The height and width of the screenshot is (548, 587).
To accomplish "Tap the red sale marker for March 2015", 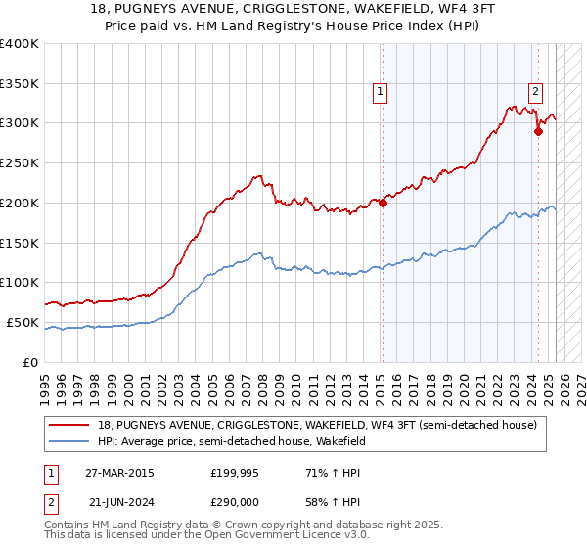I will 383,204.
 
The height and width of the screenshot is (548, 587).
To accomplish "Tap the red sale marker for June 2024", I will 538,132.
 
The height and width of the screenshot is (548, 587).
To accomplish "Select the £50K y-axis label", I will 22,323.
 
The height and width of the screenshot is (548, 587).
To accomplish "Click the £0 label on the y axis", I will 30,362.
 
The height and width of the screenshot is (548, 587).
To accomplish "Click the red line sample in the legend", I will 70,426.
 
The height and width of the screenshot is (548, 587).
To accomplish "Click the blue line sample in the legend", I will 70,442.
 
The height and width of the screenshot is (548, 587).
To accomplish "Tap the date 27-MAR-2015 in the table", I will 118,473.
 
